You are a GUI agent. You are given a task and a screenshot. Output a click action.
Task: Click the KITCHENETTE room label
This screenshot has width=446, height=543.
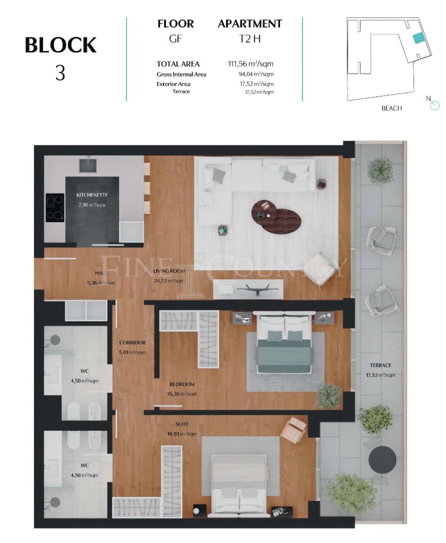click(92, 195)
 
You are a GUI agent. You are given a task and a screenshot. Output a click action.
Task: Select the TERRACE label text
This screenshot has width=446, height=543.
click(380, 365)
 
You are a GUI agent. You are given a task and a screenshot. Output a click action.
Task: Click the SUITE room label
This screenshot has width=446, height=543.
click(182, 424)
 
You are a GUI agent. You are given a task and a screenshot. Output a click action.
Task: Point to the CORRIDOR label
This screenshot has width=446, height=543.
click(132, 342)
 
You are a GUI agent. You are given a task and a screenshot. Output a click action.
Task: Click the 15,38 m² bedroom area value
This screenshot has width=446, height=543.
click(183, 394)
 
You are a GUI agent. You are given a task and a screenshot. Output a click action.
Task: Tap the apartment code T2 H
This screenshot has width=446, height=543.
click(250, 39)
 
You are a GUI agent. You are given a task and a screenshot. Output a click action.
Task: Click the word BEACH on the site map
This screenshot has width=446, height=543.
click(391, 108)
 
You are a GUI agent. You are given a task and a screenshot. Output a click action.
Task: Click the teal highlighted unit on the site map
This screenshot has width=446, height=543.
click(419, 38)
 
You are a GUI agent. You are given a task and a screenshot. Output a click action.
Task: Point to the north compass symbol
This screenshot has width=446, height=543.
click(435, 106)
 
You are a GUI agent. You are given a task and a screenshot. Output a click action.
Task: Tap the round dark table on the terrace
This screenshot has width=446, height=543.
click(382, 460)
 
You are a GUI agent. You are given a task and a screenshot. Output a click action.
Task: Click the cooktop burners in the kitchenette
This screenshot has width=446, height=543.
click(55, 207)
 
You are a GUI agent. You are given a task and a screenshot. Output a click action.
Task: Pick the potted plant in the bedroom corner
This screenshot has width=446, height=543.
click(329, 395)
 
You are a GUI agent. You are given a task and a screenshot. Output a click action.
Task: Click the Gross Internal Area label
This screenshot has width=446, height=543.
click(181, 74)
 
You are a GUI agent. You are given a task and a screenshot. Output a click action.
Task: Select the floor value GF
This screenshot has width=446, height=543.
click(175, 39)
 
